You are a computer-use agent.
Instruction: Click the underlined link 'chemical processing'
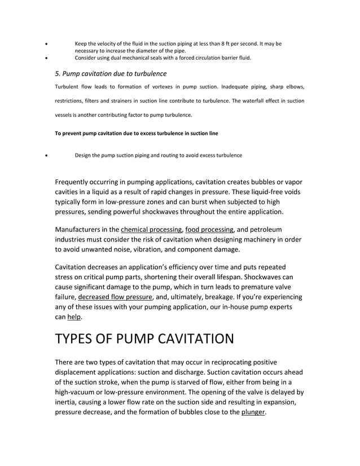(x=151, y=230)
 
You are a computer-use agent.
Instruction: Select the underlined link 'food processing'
(x=209, y=230)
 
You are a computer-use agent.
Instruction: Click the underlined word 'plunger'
(x=253, y=412)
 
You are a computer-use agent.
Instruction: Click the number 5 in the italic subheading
(x=57, y=74)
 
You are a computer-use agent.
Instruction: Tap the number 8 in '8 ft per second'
(x=225, y=43)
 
